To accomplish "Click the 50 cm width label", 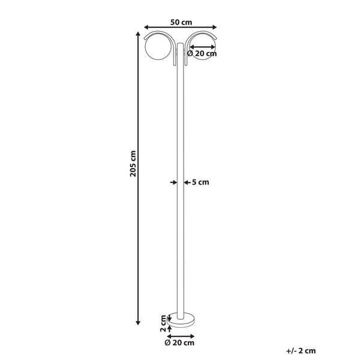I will [181, 22].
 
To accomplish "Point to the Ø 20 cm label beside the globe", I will [202, 53].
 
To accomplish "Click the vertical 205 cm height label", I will [134, 163].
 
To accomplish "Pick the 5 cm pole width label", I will [200, 182].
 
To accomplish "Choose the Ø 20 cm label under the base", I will [180, 343].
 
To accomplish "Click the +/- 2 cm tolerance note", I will [301, 350].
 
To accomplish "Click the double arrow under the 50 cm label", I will [181, 28].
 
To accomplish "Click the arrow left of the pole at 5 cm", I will [172, 181].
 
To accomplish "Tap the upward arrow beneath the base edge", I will [169, 327].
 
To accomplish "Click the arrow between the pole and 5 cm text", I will [186, 181].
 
